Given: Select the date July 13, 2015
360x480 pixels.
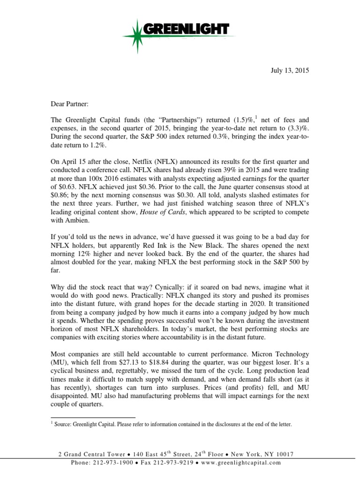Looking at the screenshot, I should tap(291, 71).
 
